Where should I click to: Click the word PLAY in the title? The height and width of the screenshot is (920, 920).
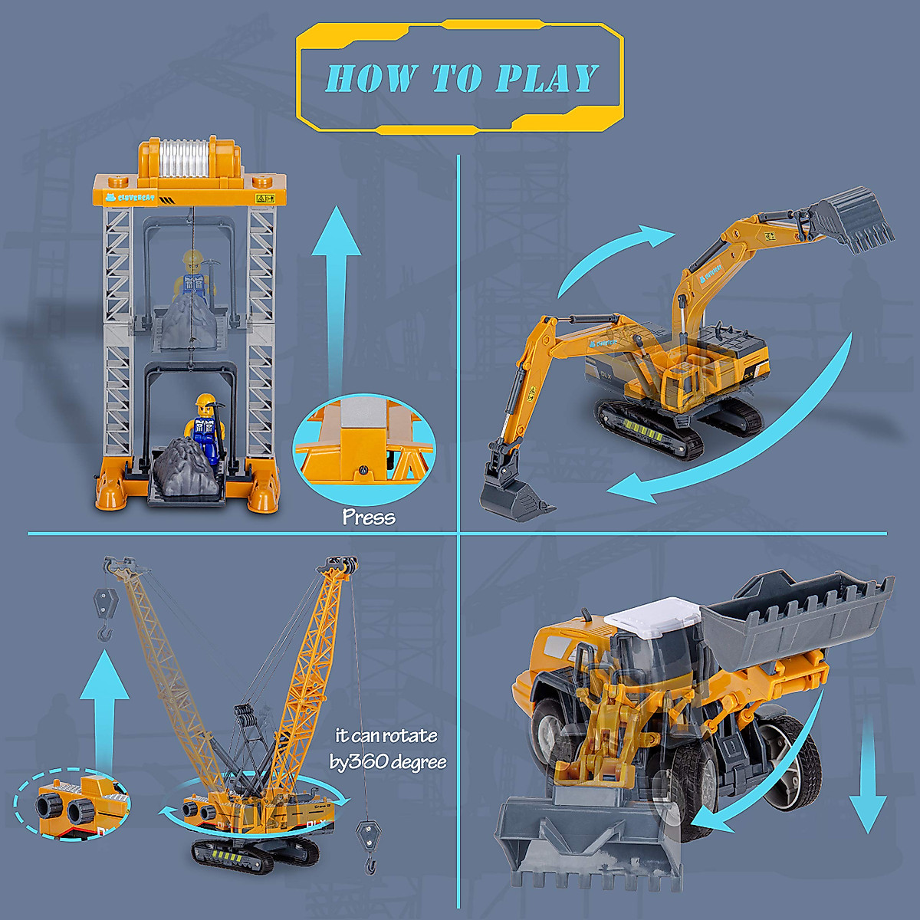pyautogui.click(x=547, y=78)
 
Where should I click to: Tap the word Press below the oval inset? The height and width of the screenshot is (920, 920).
pyautogui.click(x=369, y=517)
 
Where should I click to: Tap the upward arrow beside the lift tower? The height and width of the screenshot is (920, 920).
pyautogui.click(x=335, y=291)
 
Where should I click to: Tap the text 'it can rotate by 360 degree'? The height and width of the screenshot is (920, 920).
pyautogui.click(x=387, y=748)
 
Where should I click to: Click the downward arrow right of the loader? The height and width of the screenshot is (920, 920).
pyautogui.click(x=868, y=774)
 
